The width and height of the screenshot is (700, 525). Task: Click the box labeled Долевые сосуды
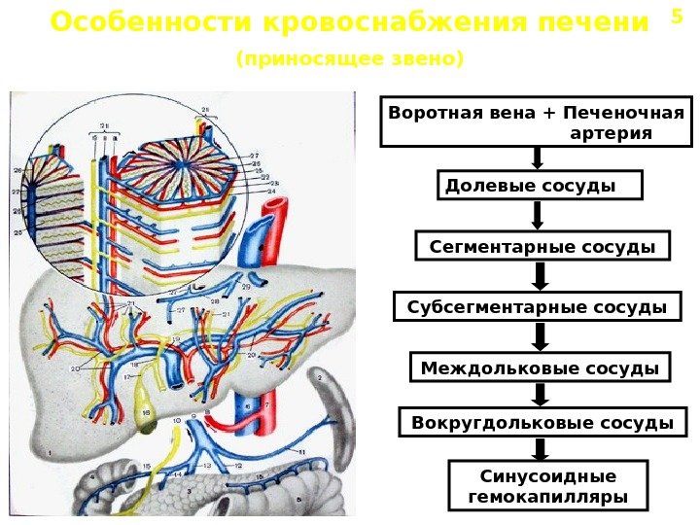(542, 185)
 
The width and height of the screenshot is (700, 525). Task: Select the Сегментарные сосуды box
(542, 247)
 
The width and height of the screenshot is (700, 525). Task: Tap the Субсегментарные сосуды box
(537, 307)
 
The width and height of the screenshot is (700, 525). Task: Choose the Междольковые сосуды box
(541, 367)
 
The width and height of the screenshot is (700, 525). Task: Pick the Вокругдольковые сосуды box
(542, 423)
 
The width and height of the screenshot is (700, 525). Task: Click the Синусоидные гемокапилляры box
(547, 487)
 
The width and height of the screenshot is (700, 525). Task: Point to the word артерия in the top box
(611, 132)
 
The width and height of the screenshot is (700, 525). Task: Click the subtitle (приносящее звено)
(350, 59)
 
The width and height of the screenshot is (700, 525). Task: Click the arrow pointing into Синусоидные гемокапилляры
(540, 449)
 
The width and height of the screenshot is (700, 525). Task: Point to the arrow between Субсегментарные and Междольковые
(540, 336)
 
